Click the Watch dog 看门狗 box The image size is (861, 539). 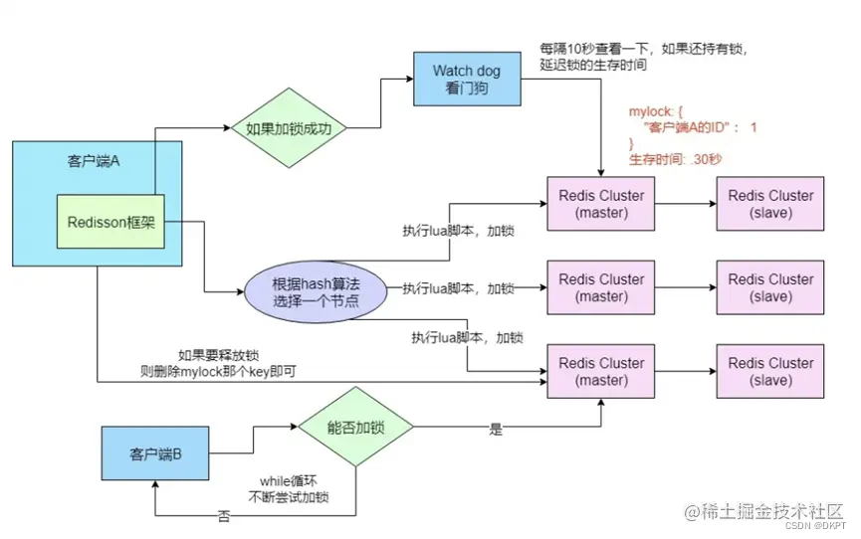(x=467, y=79)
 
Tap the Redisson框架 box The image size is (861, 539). (x=110, y=225)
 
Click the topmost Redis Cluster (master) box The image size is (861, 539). (x=602, y=204)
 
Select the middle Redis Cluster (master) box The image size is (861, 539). (x=602, y=287)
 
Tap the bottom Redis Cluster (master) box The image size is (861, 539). (x=602, y=371)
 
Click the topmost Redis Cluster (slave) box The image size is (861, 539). (x=770, y=204)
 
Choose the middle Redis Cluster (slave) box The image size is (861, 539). (x=770, y=287)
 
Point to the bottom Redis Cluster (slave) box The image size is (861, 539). (x=770, y=371)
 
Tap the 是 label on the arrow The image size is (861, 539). (x=495, y=431)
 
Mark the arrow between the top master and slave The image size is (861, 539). (x=686, y=204)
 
